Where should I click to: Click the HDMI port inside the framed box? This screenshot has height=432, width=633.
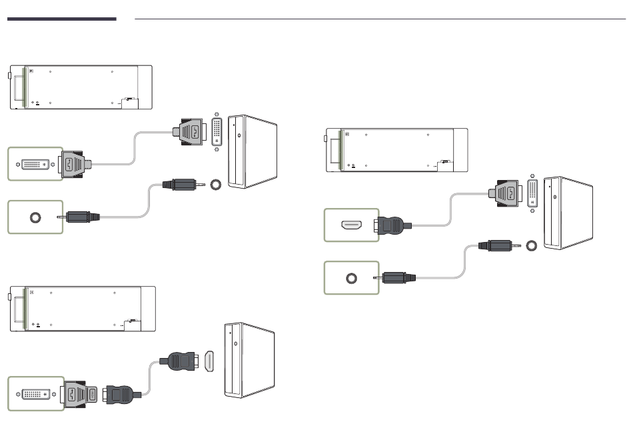[351, 225]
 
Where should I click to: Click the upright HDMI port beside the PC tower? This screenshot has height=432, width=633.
[209, 362]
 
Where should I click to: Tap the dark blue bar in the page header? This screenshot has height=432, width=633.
[61, 19]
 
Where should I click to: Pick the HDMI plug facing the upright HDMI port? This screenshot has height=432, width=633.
[181, 361]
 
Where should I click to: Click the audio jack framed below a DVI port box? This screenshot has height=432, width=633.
[35, 217]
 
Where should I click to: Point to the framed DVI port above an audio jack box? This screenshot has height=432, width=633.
[35, 164]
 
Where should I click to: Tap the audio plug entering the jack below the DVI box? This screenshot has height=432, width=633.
[82, 217]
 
